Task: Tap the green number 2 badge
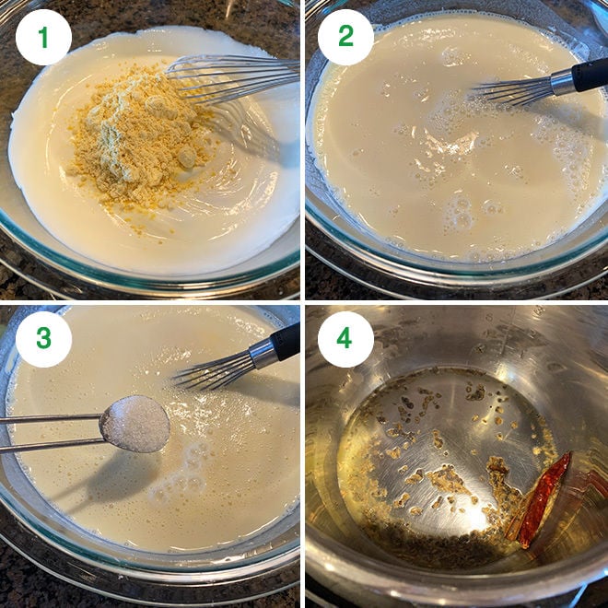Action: click(345, 37)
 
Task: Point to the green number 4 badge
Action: click(345, 339)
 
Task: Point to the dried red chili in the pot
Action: click(544, 497)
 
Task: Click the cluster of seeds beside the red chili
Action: click(502, 484)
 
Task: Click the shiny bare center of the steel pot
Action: click(451, 433)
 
